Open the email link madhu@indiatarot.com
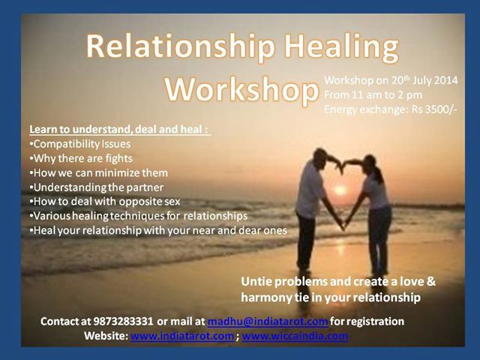coord(267,321)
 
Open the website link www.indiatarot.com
coord(181,336)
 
